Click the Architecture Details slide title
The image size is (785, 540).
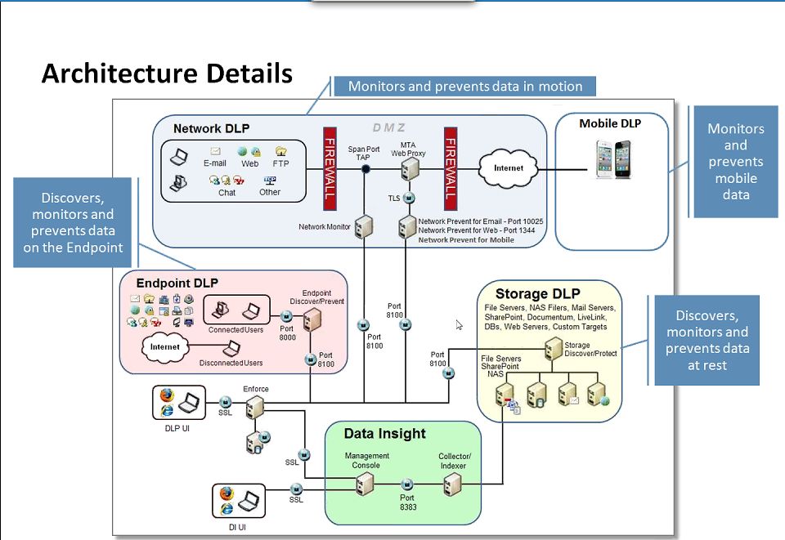click(x=167, y=74)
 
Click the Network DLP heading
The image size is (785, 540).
click(x=211, y=128)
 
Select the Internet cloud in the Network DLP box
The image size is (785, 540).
click(x=508, y=168)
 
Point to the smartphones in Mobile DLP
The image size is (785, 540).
click(x=612, y=159)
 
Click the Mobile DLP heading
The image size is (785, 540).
click(x=610, y=124)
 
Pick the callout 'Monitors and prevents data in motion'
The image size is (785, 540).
click(x=464, y=87)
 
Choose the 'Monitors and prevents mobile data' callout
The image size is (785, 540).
click(x=735, y=162)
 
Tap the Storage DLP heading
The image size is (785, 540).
click(x=537, y=293)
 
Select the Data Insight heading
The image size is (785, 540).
click(x=384, y=434)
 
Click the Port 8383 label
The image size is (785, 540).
click(x=407, y=502)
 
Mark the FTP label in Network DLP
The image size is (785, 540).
click(x=281, y=163)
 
